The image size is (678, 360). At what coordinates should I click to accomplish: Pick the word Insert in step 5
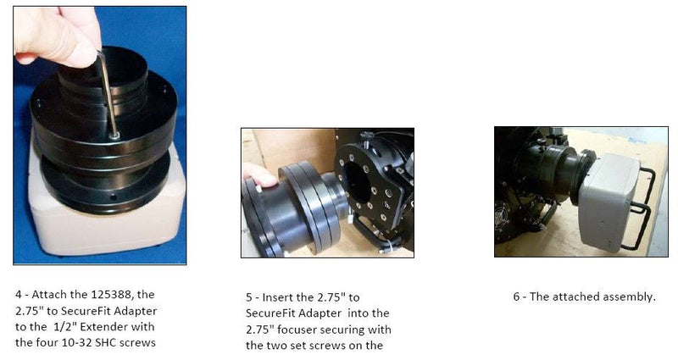point(278,297)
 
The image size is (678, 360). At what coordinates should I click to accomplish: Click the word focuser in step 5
point(297,330)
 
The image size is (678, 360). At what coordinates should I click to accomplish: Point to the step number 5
point(249,297)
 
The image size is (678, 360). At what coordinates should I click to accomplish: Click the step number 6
point(516,297)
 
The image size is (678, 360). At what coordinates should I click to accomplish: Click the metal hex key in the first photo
point(109,95)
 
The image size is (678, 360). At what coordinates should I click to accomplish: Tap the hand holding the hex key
point(57,35)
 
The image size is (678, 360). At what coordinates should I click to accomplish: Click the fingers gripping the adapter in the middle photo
point(258,176)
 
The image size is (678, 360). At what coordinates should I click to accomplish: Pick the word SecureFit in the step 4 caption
point(86,311)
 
